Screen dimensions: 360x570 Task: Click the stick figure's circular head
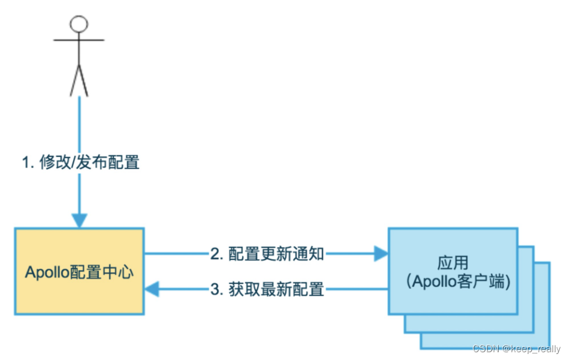(79, 24)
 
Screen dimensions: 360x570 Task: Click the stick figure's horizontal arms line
(79, 40)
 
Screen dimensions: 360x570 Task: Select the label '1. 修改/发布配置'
(81, 162)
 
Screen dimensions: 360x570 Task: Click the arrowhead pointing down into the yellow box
(79, 220)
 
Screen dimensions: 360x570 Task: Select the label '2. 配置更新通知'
(267, 254)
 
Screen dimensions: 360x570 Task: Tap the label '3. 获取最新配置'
(267, 290)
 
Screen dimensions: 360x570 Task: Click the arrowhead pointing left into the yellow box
(152, 290)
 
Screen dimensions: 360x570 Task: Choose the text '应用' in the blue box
(453, 262)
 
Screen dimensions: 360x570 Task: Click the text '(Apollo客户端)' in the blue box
(453, 282)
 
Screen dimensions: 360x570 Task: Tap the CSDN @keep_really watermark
(516, 349)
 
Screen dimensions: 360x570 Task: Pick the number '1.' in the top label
(28, 162)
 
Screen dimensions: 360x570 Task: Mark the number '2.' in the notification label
(216, 254)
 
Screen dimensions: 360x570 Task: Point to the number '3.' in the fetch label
(216, 290)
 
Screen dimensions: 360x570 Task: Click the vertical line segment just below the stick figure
(79, 120)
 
